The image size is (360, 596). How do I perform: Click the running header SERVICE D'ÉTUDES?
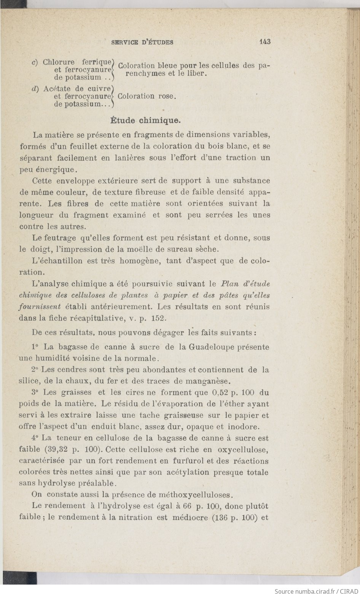142,42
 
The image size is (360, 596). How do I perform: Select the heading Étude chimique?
145,121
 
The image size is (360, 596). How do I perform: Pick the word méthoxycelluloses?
198,495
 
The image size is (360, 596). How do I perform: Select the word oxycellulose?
243,449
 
